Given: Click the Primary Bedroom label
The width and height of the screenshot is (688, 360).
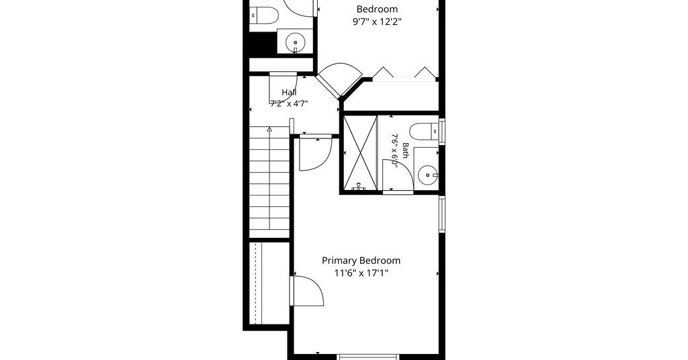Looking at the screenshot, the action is click(361, 261).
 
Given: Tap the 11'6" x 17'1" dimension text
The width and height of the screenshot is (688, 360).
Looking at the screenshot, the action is click(361, 273).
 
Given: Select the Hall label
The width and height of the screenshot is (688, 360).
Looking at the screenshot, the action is click(289, 93).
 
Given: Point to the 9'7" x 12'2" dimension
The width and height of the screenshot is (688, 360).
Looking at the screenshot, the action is click(377, 21).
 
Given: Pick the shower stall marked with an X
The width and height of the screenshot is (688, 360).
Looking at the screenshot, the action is click(360, 153).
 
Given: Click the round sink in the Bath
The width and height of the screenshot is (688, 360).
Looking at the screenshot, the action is click(427, 176).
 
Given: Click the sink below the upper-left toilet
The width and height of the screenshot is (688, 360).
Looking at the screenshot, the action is click(296, 43).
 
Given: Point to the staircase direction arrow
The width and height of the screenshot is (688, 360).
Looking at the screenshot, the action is click(269, 130).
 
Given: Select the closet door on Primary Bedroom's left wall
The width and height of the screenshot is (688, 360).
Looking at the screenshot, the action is click(307, 291).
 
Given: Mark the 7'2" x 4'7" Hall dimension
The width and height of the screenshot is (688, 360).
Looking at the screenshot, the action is click(289, 104).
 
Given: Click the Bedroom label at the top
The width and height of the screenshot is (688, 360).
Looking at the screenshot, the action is click(377, 9).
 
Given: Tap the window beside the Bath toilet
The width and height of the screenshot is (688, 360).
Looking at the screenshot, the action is click(442, 132).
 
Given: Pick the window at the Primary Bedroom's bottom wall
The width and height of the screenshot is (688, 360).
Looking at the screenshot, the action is click(368, 357).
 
